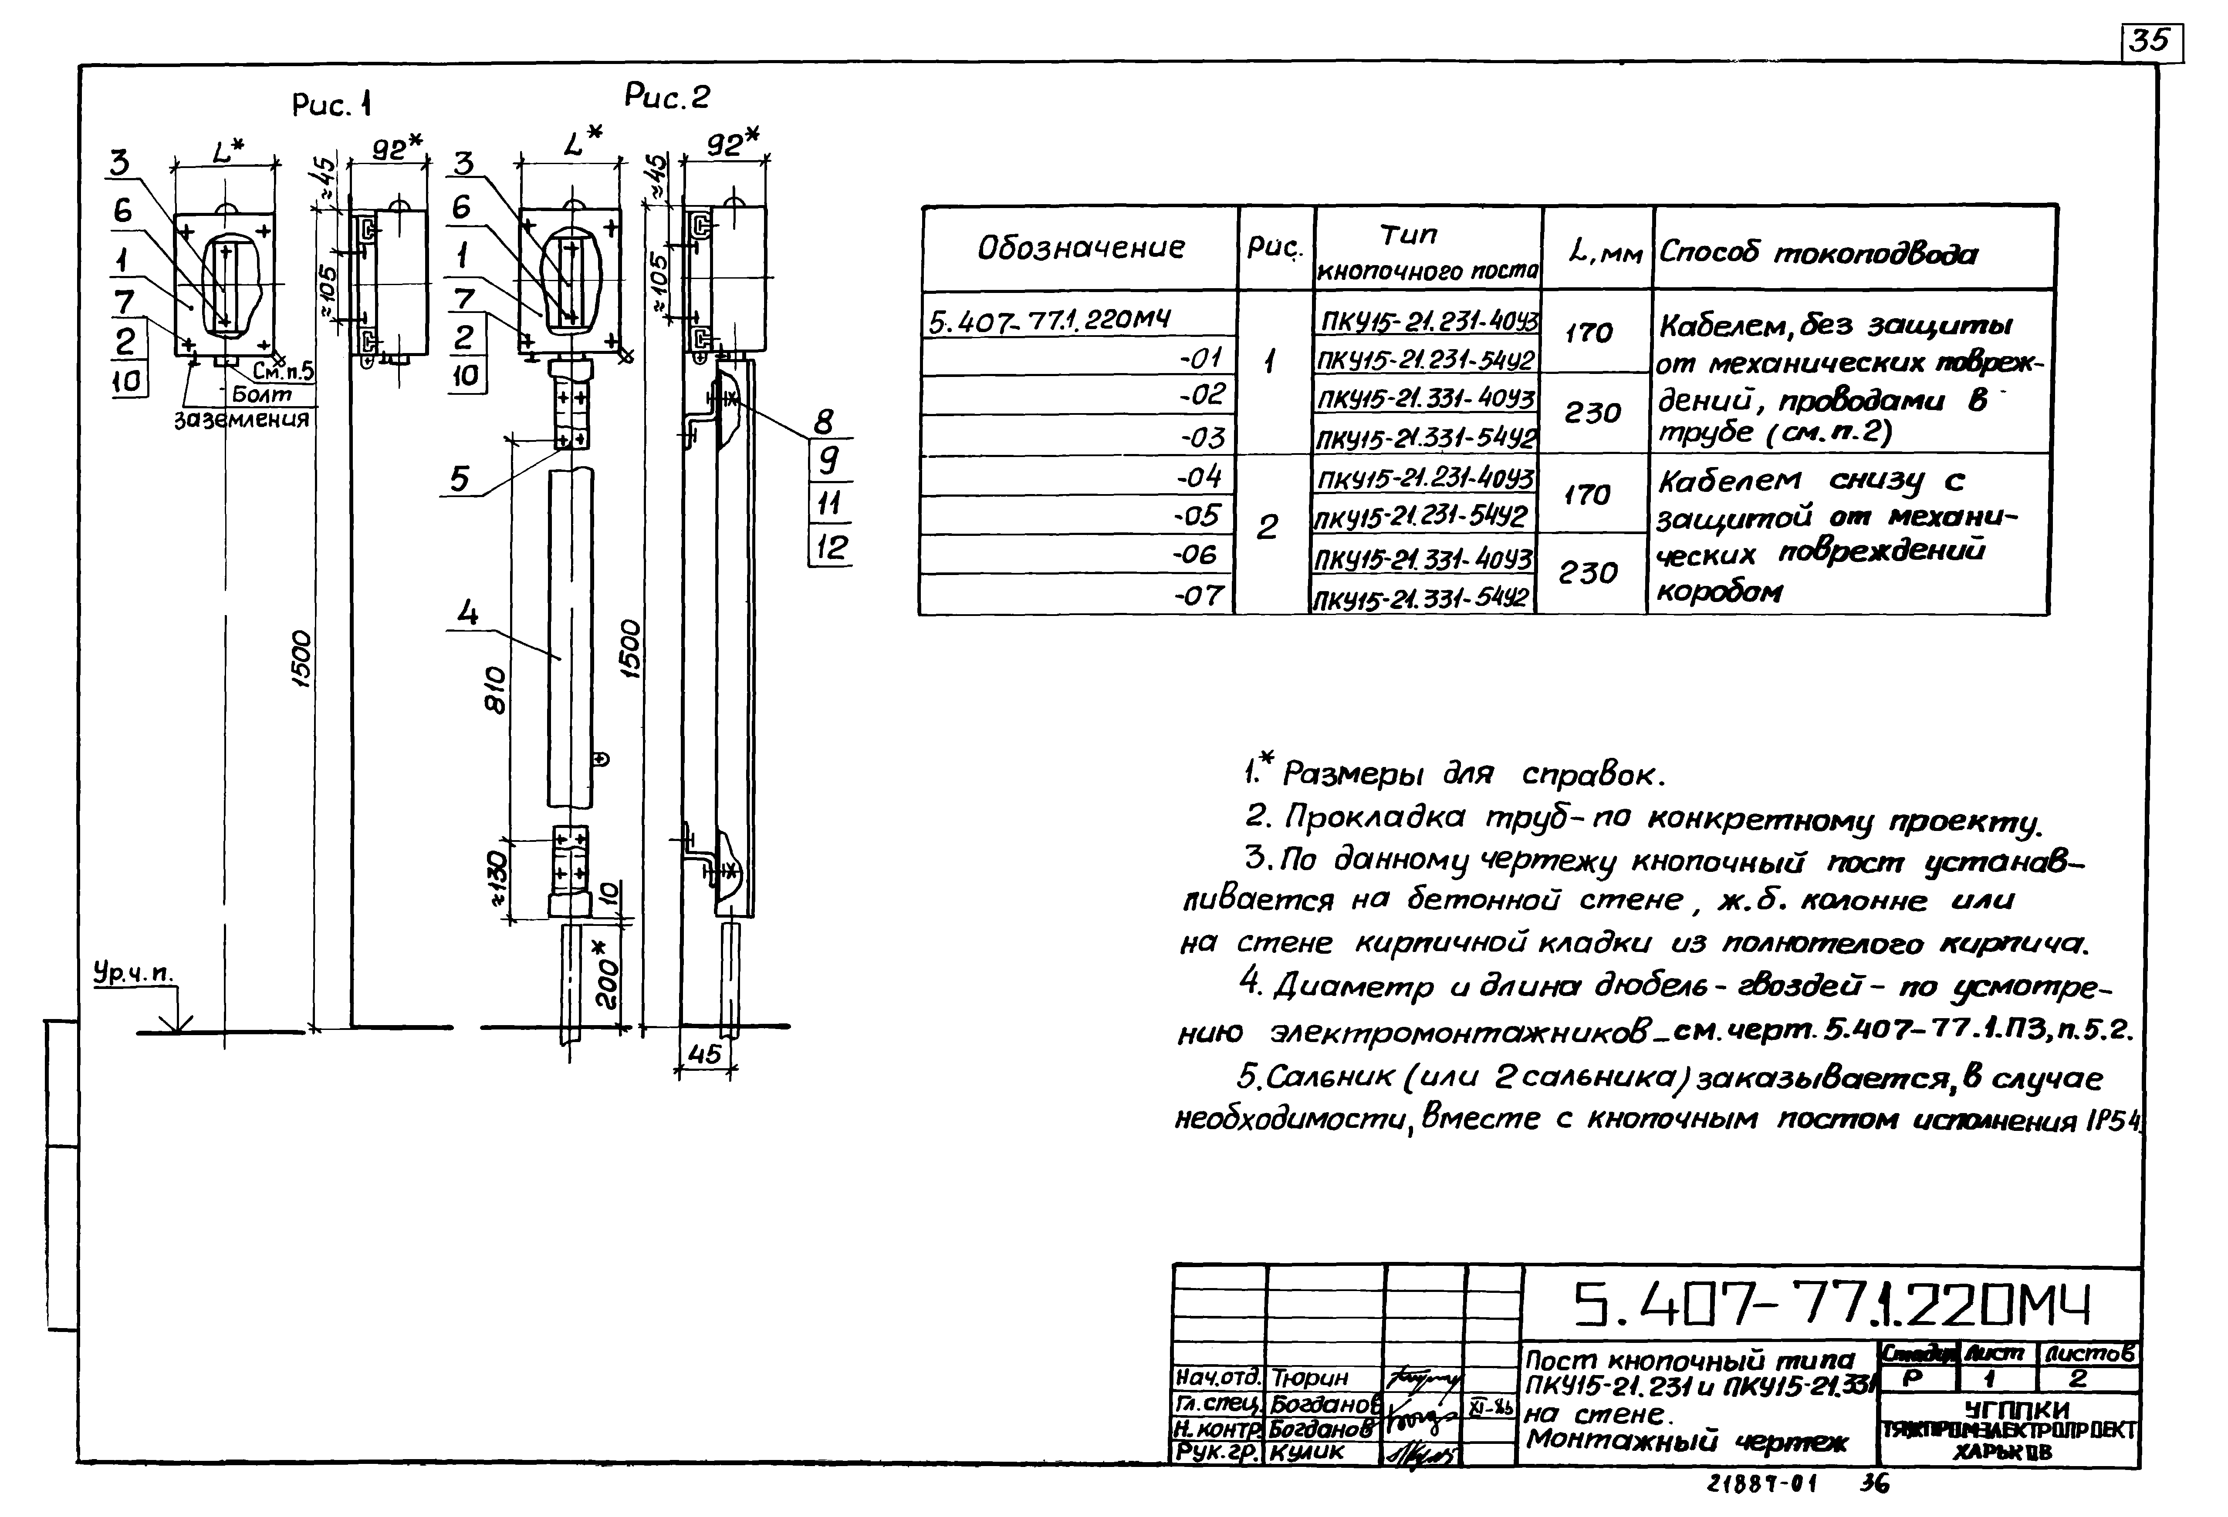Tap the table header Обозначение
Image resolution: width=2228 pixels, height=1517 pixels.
1080,248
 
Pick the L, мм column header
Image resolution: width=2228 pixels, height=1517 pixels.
1596,253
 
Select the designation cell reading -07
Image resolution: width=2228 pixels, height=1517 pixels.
1198,595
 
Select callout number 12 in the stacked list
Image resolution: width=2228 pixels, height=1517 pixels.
830,547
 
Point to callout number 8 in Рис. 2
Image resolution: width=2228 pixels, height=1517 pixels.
822,422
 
